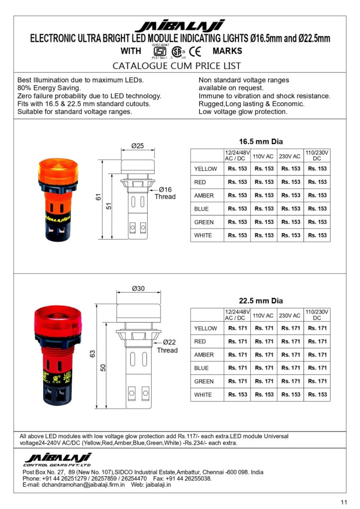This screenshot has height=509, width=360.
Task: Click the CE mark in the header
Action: pos(195,51)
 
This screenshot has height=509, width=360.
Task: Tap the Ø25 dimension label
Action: pos(137,146)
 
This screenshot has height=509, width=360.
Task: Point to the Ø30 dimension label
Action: pos(138,289)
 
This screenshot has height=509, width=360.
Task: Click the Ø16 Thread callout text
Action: pos(165,193)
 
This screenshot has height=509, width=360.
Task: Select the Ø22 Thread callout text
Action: pos(167,346)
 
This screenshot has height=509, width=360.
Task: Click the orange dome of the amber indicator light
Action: pos(58,170)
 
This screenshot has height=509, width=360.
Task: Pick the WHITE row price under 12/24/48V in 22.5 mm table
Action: pos(238,395)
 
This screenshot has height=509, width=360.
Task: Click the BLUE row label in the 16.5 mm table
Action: pos(201,209)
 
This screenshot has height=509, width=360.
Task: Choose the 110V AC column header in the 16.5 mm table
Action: pos(263,156)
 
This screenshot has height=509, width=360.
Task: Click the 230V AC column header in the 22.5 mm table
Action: pos(290,316)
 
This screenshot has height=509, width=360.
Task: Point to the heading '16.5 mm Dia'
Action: pos(261,141)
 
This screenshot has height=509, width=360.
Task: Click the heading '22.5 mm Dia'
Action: pos(261,301)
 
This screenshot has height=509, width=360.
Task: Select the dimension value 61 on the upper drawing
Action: pos(98,198)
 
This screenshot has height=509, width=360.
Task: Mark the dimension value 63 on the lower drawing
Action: pos(92,354)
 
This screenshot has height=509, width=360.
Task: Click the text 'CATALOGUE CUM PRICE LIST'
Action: pos(177,66)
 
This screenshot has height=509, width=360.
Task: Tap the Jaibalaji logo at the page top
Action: pos(180,26)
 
